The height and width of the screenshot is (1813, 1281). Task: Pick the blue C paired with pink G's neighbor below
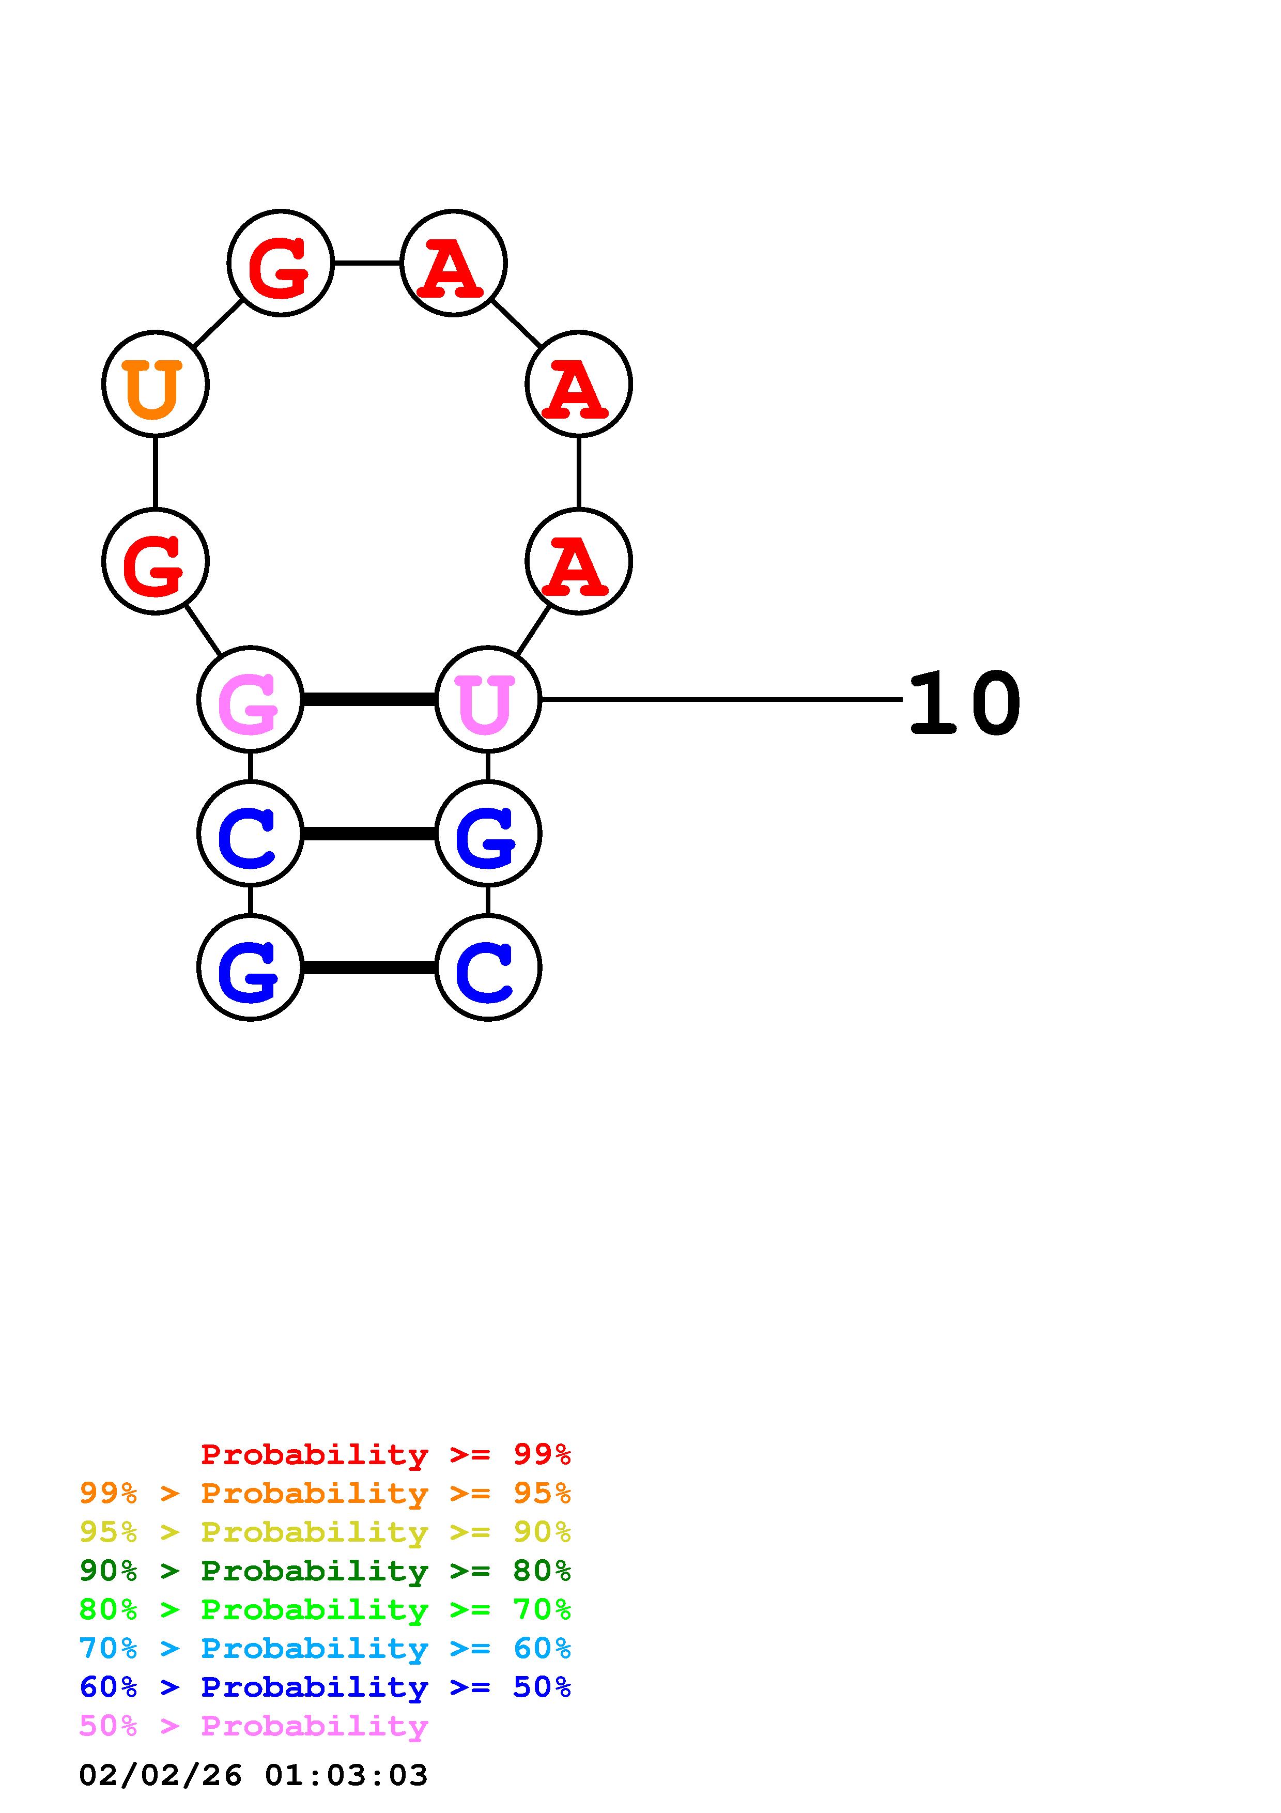coord(250,834)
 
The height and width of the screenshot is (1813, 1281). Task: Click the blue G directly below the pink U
coord(488,834)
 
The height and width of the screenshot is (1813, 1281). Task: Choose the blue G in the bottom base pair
coord(250,968)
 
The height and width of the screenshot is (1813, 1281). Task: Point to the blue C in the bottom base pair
coord(488,968)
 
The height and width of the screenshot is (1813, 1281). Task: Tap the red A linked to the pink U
coord(579,561)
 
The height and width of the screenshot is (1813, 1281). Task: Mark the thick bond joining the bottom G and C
coord(368,968)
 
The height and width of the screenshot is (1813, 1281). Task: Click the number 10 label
coord(965,703)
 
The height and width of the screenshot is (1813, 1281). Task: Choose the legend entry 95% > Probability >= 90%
coord(325,1532)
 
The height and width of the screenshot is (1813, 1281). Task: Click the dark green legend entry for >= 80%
coord(325,1571)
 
